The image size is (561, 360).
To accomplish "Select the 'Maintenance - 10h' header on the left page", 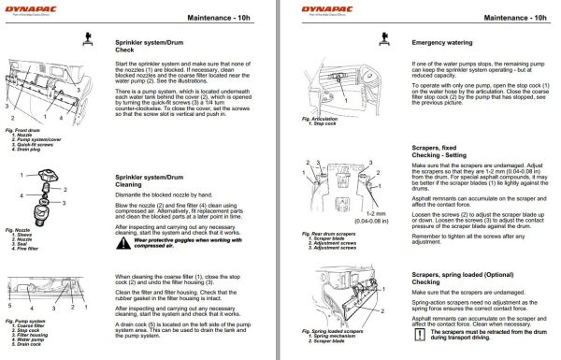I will pos(223,17).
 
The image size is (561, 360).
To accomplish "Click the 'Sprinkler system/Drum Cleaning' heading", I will pos(142,180).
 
